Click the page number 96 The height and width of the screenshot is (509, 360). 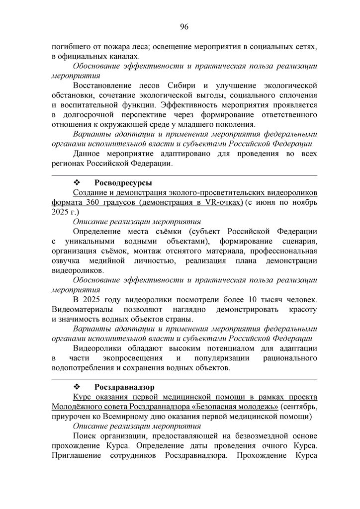coord(183,26)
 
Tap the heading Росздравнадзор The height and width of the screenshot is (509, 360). coord(125,386)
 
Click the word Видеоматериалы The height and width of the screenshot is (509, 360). coord(80,309)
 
